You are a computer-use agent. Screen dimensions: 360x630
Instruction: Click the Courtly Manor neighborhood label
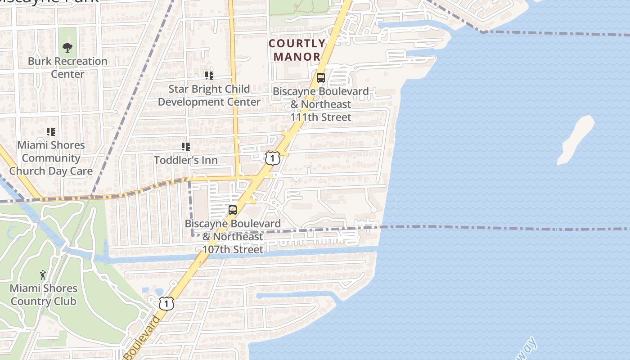click(297, 50)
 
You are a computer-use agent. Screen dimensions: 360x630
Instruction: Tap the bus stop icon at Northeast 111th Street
click(320, 78)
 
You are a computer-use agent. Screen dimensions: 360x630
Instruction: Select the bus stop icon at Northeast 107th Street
click(233, 210)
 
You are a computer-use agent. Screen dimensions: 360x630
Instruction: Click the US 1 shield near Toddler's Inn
click(272, 158)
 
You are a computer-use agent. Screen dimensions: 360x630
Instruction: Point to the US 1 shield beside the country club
click(166, 304)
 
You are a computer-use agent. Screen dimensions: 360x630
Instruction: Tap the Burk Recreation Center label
click(67, 67)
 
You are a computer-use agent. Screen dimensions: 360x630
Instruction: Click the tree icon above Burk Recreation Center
click(67, 47)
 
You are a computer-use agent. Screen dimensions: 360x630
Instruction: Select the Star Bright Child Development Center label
click(209, 95)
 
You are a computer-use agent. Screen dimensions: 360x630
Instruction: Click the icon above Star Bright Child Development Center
click(209, 75)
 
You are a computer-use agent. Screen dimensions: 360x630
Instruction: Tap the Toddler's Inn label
click(186, 160)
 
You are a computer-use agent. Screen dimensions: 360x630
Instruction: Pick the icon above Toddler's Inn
click(185, 147)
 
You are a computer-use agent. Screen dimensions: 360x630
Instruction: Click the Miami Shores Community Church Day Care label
click(51, 158)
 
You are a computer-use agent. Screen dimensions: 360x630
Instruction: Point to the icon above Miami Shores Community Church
click(51, 132)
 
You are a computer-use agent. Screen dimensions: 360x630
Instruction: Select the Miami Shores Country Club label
click(43, 295)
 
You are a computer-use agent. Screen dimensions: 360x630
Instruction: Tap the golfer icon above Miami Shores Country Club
click(43, 274)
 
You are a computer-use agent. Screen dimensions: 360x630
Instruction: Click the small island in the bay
click(576, 139)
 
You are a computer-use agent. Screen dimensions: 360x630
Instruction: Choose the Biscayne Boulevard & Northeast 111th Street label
click(320, 104)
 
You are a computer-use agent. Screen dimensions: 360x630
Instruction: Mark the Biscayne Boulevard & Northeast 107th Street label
click(233, 236)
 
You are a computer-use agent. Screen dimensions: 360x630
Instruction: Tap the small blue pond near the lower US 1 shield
click(145, 291)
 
